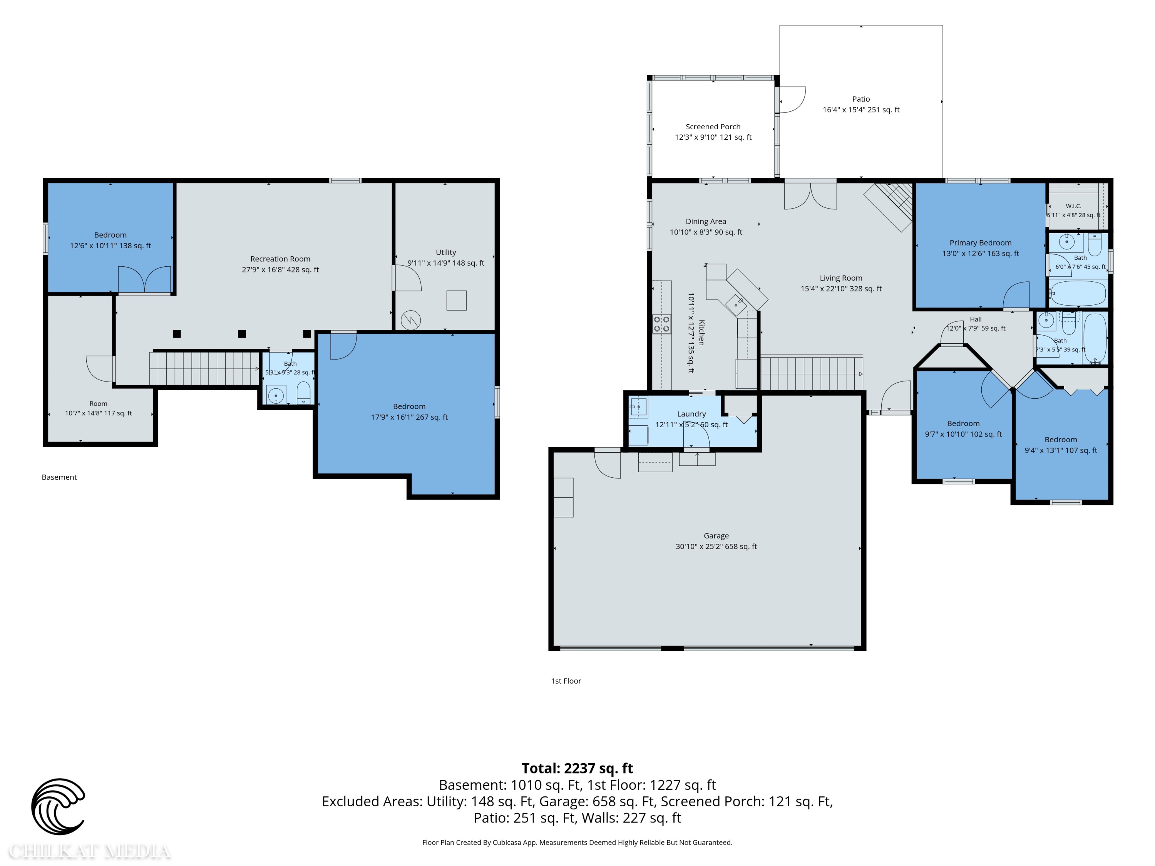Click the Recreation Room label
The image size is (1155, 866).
point(280,259)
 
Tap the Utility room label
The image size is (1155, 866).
point(446,252)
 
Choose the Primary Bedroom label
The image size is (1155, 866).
point(980,243)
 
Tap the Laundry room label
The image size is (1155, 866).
point(691,414)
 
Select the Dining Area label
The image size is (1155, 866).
point(706,221)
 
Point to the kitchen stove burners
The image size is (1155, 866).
point(661,324)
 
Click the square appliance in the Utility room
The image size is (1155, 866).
point(456,300)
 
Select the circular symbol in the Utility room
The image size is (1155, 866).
point(410,320)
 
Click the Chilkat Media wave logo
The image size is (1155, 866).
point(58,806)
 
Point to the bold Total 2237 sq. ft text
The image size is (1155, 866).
point(577,768)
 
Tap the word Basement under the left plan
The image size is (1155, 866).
point(59,477)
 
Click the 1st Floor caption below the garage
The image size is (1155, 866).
point(566,681)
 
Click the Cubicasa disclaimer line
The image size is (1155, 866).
point(577,842)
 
